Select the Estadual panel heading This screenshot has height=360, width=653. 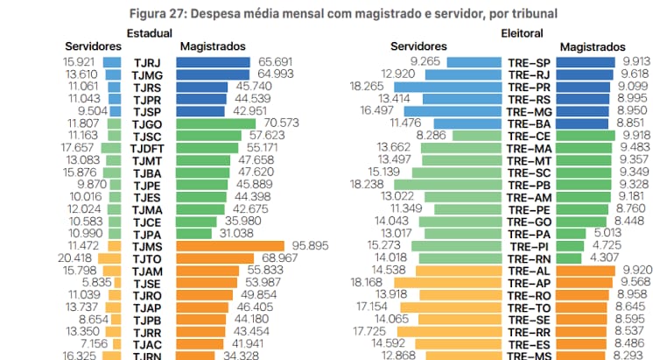[x=149, y=32]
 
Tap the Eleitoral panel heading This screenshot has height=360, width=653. [x=523, y=32]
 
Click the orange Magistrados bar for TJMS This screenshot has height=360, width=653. [x=230, y=247]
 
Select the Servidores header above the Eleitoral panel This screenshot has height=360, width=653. [x=418, y=46]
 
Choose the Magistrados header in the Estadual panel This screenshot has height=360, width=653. [x=211, y=46]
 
